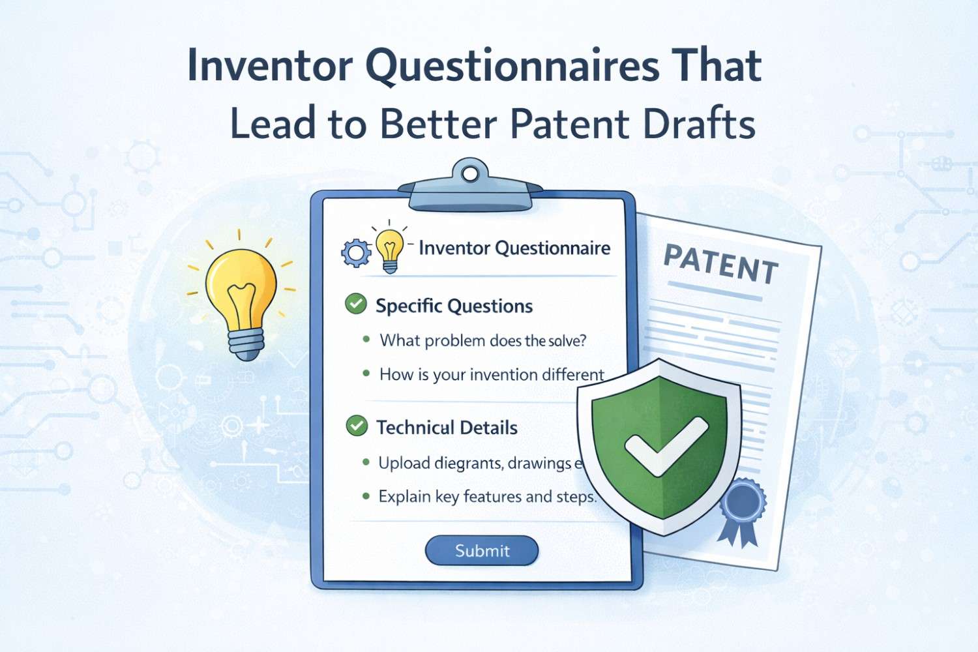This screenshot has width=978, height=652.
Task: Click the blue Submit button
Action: coord(482,551)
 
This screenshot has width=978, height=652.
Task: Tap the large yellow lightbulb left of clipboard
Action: coord(241,293)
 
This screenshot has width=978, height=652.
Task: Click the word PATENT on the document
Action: coord(720,264)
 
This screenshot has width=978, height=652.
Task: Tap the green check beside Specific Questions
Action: coord(356,304)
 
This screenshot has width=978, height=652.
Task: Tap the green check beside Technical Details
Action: coord(357,426)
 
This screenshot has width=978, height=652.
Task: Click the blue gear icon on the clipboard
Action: coord(356,253)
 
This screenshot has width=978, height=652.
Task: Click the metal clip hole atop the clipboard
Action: coord(469,173)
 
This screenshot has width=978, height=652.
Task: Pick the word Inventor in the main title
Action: coord(271,65)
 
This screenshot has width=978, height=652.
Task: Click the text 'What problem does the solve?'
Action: coord(483,340)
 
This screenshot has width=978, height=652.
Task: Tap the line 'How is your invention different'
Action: coord(492,375)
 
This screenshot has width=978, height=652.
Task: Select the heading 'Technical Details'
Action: coord(447,428)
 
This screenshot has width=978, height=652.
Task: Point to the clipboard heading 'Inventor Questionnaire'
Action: coord(514,248)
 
